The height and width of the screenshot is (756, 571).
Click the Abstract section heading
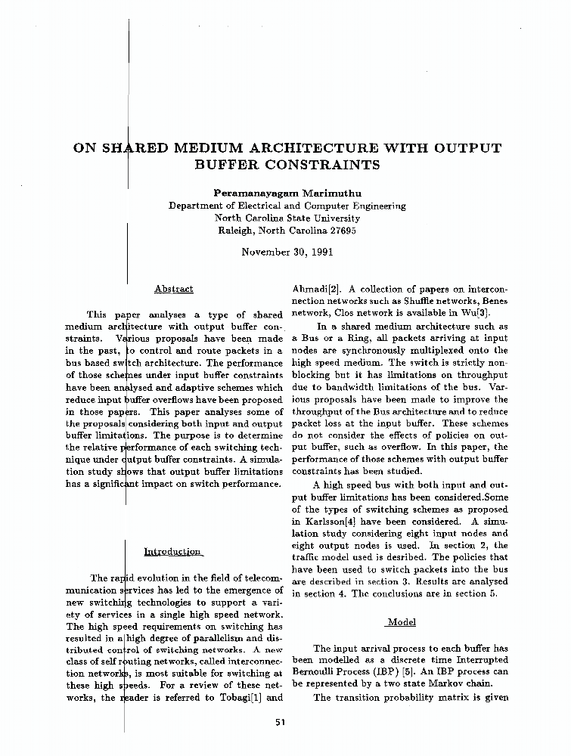point(173,289)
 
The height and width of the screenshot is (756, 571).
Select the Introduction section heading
point(172,552)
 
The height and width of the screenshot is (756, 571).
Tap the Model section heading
point(401,622)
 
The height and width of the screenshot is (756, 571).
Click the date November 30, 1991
point(287,252)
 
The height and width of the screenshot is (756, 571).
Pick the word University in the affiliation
point(334,218)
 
